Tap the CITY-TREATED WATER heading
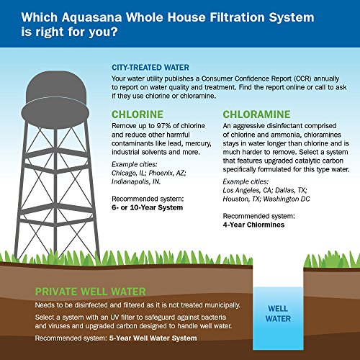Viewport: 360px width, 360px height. pos(156,66)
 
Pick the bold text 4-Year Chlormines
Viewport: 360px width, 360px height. pos(253,224)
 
